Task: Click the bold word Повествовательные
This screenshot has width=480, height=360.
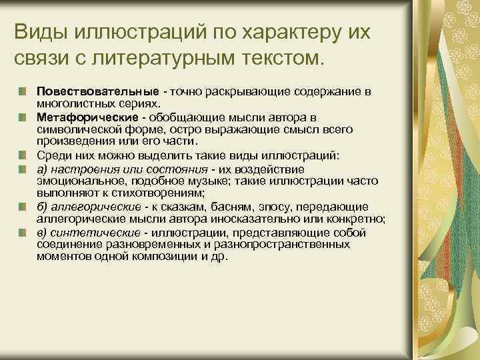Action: click(97, 90)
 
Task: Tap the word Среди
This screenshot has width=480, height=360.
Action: click(53, 155)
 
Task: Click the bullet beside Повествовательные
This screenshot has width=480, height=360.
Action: click(23, 90)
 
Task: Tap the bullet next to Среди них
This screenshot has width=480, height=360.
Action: click(23, 155)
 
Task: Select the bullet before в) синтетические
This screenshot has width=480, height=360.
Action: click(23, 232)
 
